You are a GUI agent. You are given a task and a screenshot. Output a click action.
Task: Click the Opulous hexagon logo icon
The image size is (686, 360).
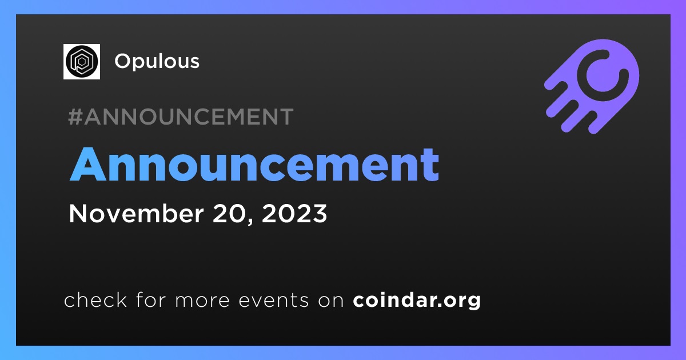pos(81,62)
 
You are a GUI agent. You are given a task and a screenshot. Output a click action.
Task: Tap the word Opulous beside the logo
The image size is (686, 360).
pos(157,62)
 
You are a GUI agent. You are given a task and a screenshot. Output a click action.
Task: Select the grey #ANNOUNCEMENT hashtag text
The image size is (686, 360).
pos(181,117)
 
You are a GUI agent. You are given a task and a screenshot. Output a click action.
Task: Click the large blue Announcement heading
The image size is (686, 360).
pos(254,165)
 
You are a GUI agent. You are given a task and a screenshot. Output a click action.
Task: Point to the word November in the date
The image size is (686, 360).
pos(136,213)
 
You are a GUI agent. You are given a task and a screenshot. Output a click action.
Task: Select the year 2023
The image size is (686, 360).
pos(294,213)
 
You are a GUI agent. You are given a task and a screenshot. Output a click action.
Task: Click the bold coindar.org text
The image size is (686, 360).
pos(417,301)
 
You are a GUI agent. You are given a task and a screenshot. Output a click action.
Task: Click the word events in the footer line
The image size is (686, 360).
pos(274,301)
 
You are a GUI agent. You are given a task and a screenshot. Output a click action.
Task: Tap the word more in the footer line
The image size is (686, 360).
pos(202,301)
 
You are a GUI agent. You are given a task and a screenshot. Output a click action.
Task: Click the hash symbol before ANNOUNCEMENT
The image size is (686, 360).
pos(75,117)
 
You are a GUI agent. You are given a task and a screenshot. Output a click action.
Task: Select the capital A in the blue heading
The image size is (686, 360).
pos(87,165)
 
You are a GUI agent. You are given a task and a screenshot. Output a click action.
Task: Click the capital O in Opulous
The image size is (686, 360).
pos(123,61)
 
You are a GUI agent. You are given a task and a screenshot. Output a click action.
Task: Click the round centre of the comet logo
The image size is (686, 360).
pos(603,75)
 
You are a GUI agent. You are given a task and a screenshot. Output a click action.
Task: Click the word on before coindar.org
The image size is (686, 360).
pos(331,301)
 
